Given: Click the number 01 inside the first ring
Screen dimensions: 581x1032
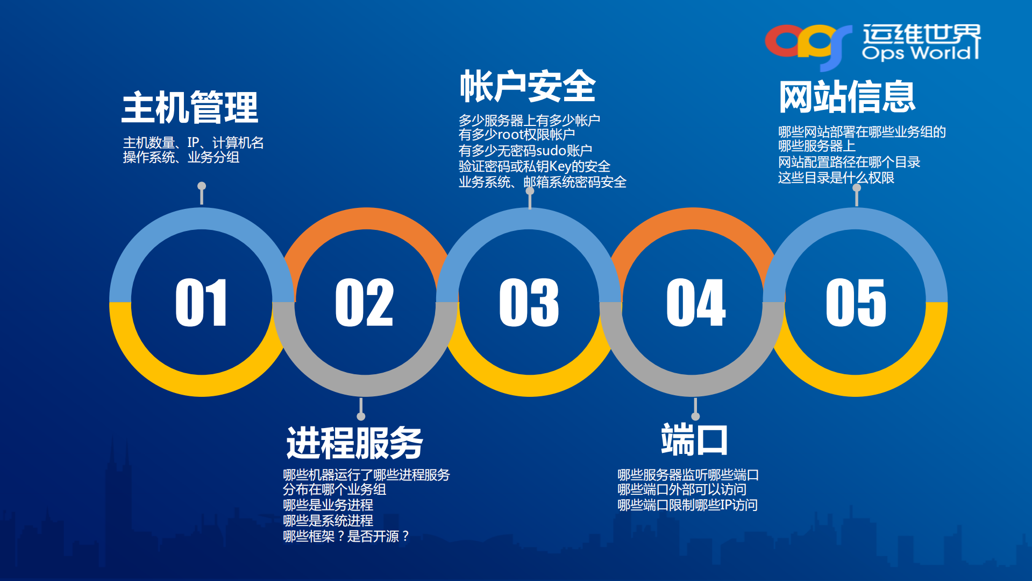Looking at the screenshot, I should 201,303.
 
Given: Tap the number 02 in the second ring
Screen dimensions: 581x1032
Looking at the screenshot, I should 365,303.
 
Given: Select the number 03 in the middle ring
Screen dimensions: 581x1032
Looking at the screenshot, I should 529,303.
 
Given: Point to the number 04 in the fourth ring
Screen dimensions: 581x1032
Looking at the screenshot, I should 696,303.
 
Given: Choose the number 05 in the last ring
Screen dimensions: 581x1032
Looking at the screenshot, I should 856,303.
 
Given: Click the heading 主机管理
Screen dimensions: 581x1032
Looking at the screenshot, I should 190,108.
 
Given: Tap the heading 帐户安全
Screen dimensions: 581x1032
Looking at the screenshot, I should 528,86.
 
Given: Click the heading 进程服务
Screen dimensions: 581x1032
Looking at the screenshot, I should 354,443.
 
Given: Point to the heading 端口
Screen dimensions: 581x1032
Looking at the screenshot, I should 694,440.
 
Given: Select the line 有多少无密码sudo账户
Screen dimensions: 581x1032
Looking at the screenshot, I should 525,150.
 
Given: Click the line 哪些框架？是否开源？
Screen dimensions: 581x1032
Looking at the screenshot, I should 346,536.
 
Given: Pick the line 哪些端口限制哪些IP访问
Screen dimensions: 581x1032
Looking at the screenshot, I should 687,505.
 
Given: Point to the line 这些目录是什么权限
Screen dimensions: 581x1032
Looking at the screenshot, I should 836,178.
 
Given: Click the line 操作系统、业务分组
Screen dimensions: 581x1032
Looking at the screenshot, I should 181,157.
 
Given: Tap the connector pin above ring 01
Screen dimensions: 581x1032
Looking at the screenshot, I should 202,193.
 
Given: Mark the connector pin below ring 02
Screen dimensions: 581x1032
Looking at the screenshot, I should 361,410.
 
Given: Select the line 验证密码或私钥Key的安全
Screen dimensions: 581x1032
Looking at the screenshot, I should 534,166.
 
